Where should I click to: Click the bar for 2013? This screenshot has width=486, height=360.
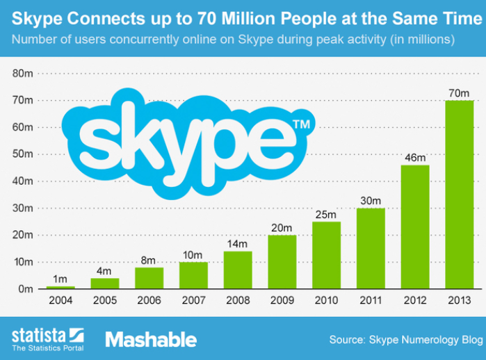point(460,195)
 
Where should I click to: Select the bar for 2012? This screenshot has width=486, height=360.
point(415,227)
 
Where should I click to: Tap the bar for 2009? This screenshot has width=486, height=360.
point(282,262)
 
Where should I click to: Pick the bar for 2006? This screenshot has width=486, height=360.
point(149,278)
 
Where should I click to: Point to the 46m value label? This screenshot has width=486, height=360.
point(415,158)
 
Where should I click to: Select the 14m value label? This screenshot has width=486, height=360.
point(238,244)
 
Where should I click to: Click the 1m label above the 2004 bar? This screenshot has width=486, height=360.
point(60,279)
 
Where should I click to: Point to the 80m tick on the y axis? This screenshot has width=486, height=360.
point(23,73)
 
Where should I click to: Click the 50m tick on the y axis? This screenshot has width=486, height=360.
point(23,154)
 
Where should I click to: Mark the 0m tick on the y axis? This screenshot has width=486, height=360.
point(26,289)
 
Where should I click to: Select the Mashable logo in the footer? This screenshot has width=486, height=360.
point(151,339)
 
